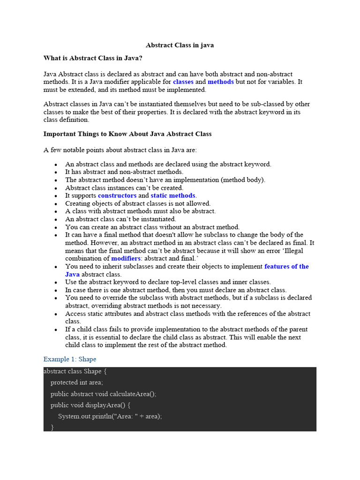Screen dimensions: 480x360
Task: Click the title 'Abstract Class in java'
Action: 180,45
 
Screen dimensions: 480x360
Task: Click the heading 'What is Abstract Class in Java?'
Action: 93,58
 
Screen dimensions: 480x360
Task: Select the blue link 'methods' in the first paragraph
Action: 221,82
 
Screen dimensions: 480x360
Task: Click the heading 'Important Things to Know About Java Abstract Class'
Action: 127,134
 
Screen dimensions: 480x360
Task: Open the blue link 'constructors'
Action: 117,195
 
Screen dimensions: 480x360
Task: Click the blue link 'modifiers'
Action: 126,258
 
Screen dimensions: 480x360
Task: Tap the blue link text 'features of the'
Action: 286,266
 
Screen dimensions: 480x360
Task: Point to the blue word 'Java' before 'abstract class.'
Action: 72,274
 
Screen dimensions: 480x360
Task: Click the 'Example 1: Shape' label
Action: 70,359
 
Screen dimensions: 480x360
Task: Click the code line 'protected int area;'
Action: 77,382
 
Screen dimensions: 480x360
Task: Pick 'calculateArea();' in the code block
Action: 133,394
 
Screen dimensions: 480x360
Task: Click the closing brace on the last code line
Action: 52,427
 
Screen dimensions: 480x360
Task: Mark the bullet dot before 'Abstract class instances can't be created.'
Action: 56,188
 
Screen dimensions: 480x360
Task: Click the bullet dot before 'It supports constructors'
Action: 56,196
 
